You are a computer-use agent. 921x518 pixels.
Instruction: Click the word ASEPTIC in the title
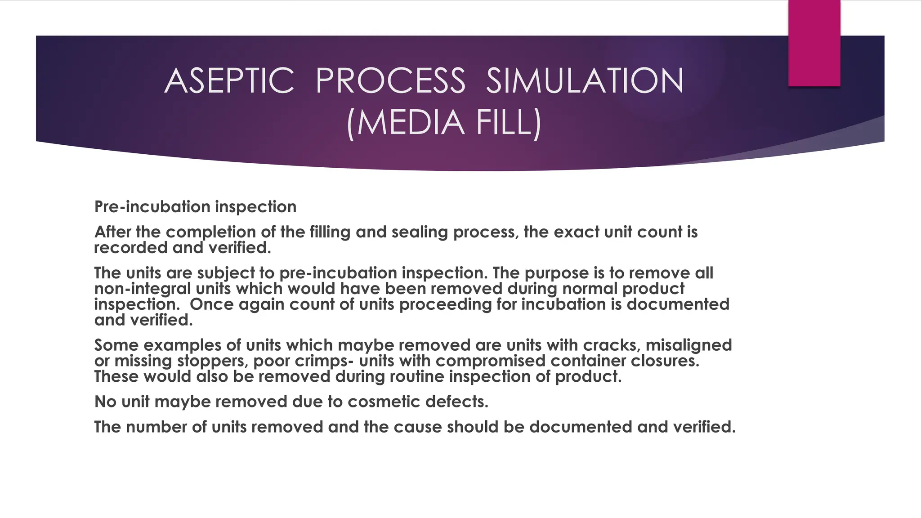(229, 81)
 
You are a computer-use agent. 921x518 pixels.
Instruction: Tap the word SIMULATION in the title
(585, 81)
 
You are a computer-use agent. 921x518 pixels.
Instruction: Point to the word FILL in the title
(508, 122)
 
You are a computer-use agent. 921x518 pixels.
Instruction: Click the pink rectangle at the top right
(814, 43)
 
